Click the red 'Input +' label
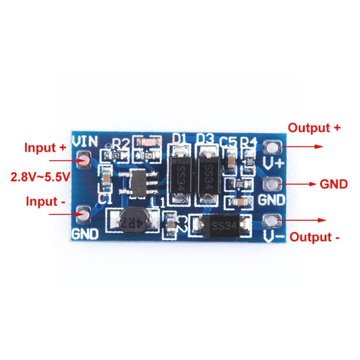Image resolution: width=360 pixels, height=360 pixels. click(45, 148)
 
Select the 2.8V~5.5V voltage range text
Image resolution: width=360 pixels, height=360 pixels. click(40, 177)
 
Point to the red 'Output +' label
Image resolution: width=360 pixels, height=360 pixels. click(314, 128)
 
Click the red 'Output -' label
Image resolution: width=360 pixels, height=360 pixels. click(315, 237)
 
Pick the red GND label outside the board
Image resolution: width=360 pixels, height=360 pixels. click(333, 184)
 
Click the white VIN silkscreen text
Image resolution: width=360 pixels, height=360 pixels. click(85, 141)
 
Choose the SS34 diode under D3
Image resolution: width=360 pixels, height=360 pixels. click(207, 174)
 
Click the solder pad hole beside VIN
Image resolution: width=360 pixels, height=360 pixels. click(83, 160)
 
